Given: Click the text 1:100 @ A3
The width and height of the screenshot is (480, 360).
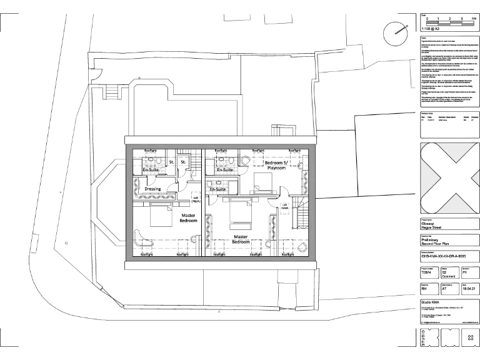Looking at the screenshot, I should [431, 29].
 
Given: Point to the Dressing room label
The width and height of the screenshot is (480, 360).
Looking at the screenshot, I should [153, 188].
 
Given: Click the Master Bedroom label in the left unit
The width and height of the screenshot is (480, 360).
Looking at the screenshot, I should [189, 218].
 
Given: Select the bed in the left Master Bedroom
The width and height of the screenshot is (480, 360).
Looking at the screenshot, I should [161, 218].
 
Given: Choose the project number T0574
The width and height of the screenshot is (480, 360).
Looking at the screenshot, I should [427, 273].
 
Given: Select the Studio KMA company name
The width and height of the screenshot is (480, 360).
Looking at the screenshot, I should [431, 302].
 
